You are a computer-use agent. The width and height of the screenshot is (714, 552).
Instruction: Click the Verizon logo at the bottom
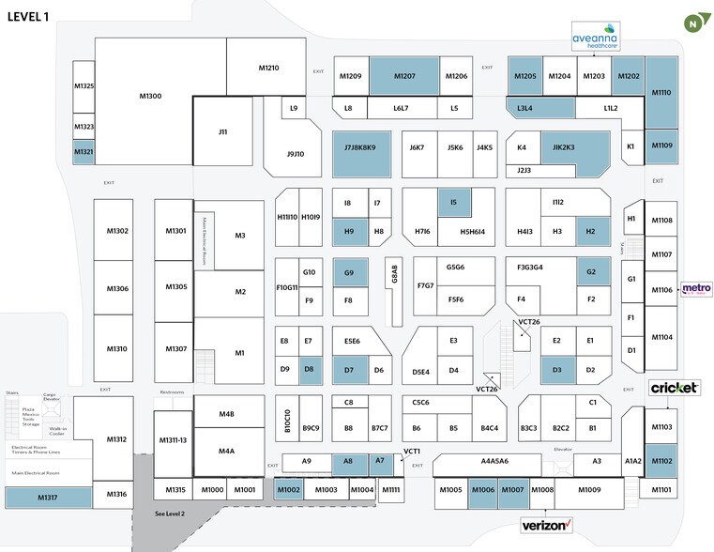click(x=546, y=525)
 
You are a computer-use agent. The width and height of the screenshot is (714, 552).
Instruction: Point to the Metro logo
click(x=695, y=289)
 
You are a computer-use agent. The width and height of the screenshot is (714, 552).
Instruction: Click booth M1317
click(x=45, y=496)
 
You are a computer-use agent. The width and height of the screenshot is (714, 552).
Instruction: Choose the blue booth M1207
click(x=403, y=76)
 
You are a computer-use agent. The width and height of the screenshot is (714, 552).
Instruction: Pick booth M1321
click(x=84, y=152)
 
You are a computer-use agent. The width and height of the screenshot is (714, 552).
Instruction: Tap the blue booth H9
click(x=348, y=231)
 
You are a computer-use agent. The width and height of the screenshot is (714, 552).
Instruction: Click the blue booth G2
click(x=591, y=272)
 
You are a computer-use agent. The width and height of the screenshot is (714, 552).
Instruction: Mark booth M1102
click(x=661, y=460)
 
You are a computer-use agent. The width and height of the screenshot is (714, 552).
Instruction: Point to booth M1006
click(x=483, y=490)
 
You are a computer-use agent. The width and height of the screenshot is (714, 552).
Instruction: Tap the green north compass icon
click(x=693, y=19)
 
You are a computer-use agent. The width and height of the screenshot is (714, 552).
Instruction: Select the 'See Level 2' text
click(x=170, y=514)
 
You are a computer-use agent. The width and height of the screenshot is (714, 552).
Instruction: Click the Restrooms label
click(x=172, y=392)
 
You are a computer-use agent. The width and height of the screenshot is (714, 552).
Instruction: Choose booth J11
click(x=222, y=132)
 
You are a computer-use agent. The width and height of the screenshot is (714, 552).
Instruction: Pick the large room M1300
click(x=150, y=96)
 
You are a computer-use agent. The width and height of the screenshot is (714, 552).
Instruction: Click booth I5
click(x=453, y=202)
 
